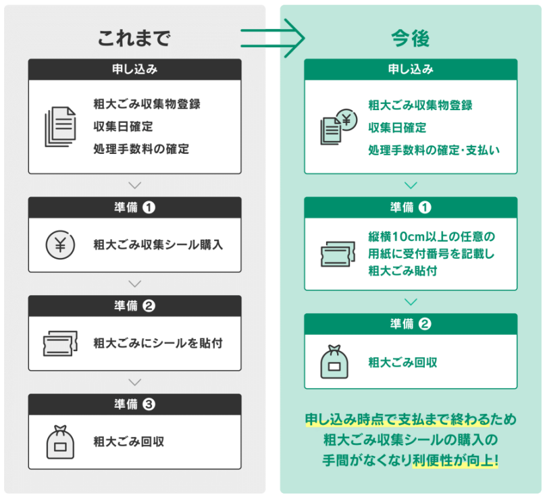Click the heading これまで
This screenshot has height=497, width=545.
[134, 38]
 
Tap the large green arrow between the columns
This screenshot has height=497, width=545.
[273, 38]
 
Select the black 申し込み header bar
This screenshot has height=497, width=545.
[134, 69]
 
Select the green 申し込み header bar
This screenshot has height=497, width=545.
[410, 69]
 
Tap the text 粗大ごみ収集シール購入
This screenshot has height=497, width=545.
[158, 244]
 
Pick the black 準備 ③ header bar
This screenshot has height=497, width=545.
[134, 404]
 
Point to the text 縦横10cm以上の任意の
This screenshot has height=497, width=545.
[432, 236]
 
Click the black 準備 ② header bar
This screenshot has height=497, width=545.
[134, 305]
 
